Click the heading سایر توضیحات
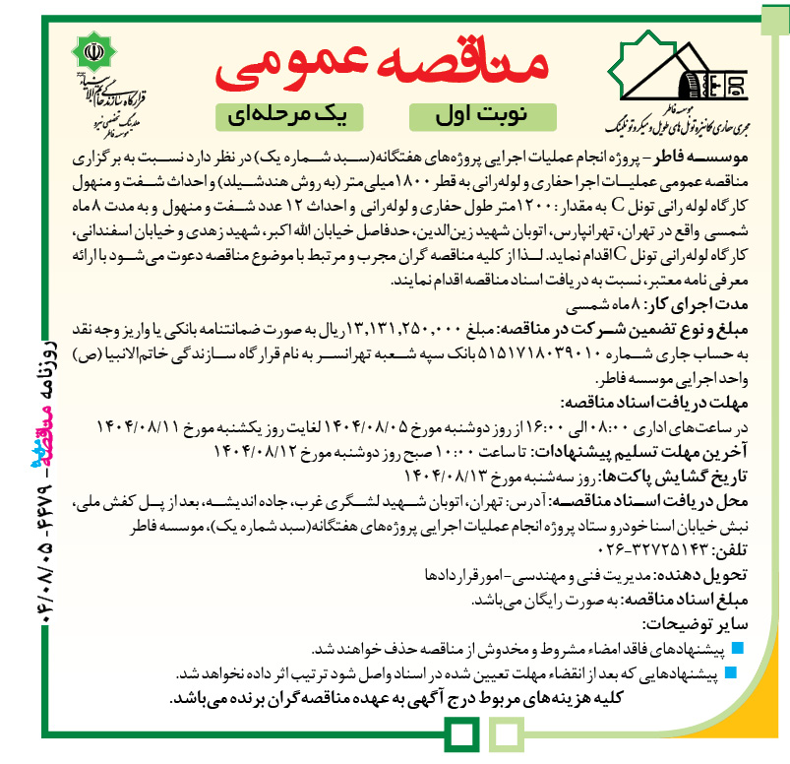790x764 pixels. (x=695, y=623)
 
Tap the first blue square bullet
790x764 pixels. (x=740, y=649)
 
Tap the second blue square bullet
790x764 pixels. (x=740, y=674)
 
